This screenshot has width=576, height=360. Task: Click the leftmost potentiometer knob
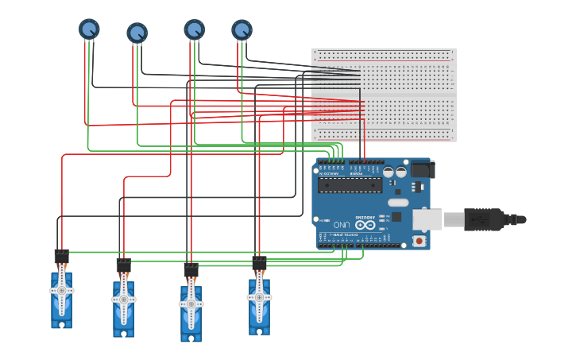(89, 29)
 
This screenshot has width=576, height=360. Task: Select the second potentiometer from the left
(137, 33)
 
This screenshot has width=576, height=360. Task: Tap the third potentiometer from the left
(194, 29)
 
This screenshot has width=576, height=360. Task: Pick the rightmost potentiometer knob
(242, 30)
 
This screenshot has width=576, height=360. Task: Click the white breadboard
(383, 95)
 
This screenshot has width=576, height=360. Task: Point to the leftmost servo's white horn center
(61, 291)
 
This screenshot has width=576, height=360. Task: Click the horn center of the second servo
(123, 300)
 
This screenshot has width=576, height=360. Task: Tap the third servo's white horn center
(191, 304)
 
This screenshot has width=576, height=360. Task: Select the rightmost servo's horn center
(259, 297)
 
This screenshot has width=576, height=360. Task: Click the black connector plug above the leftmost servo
(61, 256)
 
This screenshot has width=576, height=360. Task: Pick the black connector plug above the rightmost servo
(259, 262)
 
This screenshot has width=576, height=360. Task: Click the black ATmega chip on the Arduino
(350, 185)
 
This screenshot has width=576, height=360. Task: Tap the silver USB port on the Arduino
(427, 219)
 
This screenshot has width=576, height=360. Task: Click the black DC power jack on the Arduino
(421, 168)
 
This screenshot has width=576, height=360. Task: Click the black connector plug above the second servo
(123, 264)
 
